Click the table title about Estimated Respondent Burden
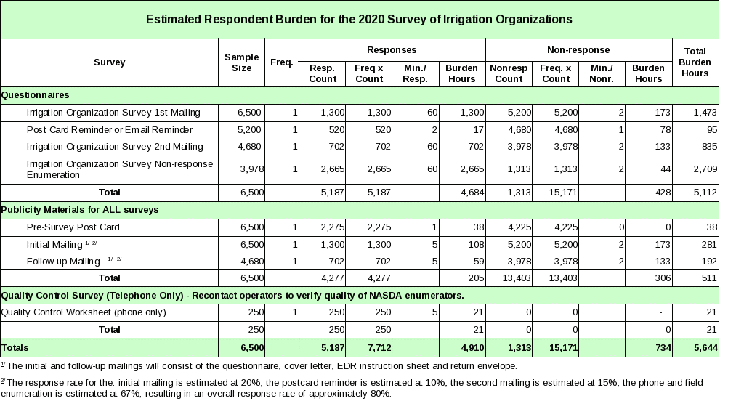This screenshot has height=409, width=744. [x=359, y=19]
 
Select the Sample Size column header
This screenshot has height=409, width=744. [x=241, y=62]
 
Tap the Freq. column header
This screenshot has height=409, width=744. [x=281, y=62]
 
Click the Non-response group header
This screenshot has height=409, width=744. [x=578, y=50]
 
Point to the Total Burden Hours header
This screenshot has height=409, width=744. [x=695, y=62]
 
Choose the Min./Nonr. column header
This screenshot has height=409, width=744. [x=602, y=73]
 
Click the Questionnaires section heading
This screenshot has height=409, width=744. [x=36, y=95]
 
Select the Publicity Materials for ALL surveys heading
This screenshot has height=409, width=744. [x=80, y=210]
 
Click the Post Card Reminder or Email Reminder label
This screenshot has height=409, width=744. [x=110, y=130]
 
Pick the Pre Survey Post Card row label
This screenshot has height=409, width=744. [x=73, y=227]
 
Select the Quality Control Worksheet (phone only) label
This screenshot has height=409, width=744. [x=84, y=312]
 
